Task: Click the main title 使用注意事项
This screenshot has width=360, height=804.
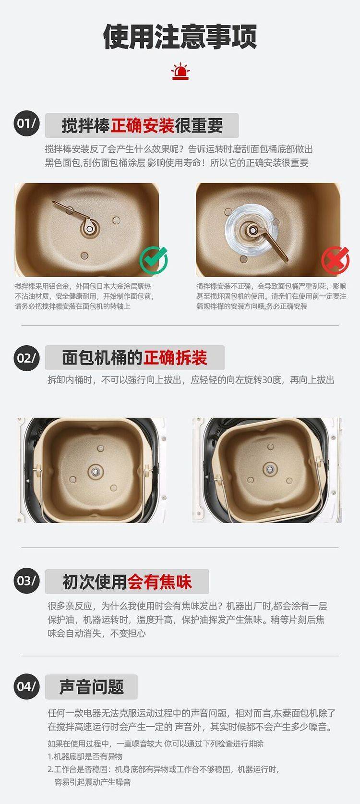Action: [x=180, y=37]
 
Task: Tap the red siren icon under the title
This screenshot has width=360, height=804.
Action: [x=180, y=72]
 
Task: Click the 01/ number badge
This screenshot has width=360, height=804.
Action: [x=27, y=124]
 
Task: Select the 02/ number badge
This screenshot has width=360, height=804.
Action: [x=26, y=358]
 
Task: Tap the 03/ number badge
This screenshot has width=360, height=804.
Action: [x=26, y=580]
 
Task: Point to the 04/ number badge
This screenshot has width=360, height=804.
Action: [x=26, y=687]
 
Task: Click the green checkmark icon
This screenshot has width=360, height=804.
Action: [x=154, y=260]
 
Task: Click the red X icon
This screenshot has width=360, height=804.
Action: [x=335, y=260]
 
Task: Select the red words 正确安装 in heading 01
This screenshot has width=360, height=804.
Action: [x=143, y=125]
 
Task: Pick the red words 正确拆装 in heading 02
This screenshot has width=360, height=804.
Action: [x=175, y=358]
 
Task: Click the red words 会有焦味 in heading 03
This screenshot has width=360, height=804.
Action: [x=159, y=582]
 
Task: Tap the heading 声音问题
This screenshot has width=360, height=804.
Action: [x=91, y=687]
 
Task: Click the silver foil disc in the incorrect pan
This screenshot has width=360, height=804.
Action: [x=252, y=230]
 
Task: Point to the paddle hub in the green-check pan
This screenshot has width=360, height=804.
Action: [x=89, y=228]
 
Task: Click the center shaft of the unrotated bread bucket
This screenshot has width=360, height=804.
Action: [x=95, y=471]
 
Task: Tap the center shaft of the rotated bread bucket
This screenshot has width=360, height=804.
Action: [x=270, y=469]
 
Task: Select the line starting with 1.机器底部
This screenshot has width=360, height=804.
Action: [x=85, y=756]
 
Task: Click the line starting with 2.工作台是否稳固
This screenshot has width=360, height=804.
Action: [x=164, y=769]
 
